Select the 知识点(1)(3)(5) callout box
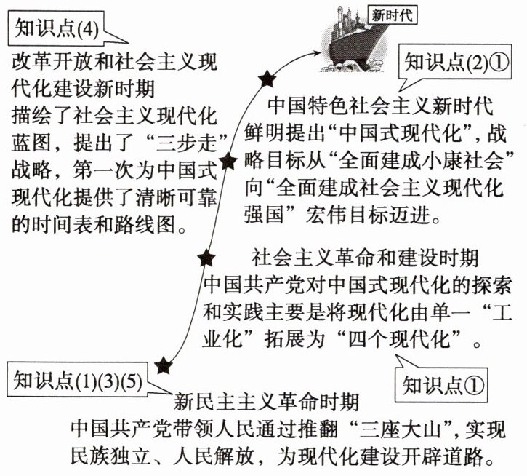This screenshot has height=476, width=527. tap(81, 379)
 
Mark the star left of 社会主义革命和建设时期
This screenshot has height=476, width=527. tap(206, 256)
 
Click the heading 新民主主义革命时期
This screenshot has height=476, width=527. tap(266, 401)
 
